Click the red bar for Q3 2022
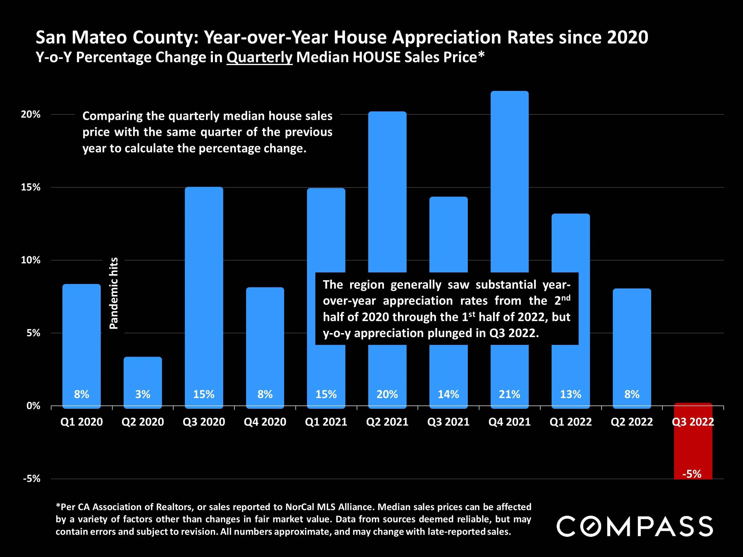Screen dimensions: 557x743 (x=693, y=443)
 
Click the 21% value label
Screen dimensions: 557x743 (x=510, y=394)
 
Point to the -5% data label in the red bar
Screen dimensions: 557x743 (x=692, y=474)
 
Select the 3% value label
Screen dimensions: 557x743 (x=143, y=394)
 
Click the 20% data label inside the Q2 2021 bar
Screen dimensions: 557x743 (x=387, y=394)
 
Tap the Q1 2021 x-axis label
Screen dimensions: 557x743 (x=326, y=422)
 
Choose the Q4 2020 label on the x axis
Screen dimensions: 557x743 (x=265, y=422)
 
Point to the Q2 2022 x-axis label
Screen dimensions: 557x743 (x=632, y=422)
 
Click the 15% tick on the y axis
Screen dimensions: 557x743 (x=31, y=187)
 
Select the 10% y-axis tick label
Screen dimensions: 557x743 (x=31, y=260)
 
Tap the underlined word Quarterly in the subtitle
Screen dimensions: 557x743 (x=259, y=57)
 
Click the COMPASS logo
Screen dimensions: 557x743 (x=635, y=526)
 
